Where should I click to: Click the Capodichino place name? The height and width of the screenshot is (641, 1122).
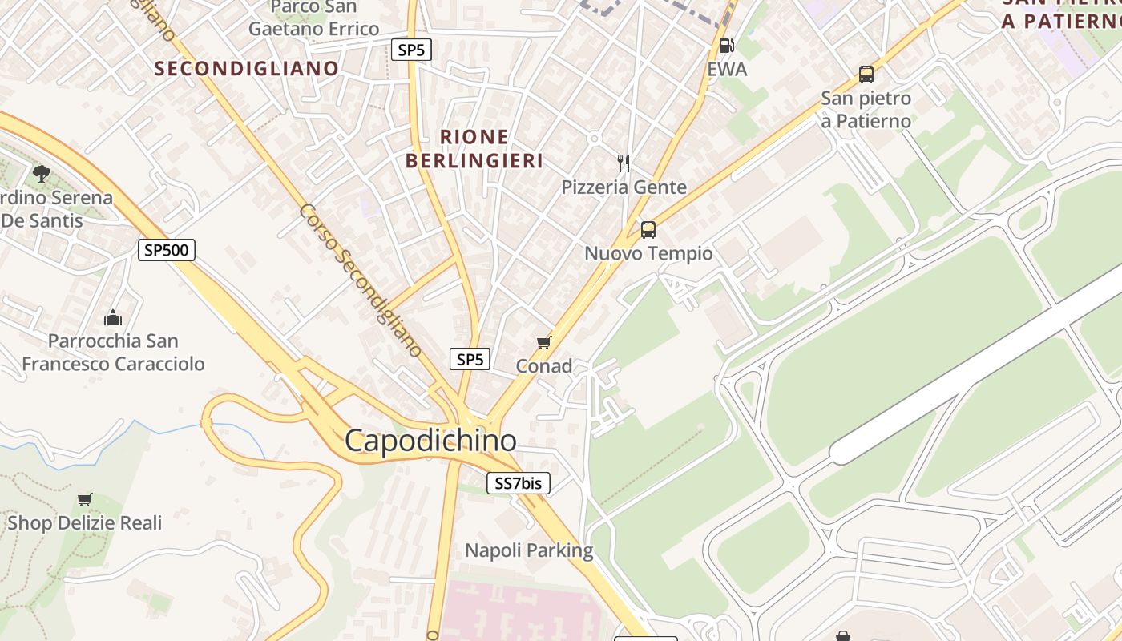point(430,440)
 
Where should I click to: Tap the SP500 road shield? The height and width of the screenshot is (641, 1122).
point(167,250)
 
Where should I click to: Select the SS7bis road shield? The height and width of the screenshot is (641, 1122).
point(519,483)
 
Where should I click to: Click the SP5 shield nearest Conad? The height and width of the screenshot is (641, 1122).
point(470,359)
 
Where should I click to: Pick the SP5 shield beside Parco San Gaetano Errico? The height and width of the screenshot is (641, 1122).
point(411,50)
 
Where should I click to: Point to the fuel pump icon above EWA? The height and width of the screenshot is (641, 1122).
point(726,46)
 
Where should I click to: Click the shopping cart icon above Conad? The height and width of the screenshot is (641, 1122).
point(544,343)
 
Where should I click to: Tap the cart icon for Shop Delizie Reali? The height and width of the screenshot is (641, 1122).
point(84,500)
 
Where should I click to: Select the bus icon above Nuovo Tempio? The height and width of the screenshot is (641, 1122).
point(648,230)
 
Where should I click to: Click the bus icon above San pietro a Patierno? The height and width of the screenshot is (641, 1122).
point(866,75)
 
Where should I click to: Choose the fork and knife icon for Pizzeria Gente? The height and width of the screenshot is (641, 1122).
point(624,163)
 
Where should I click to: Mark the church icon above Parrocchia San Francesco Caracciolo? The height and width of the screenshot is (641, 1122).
point(113,317)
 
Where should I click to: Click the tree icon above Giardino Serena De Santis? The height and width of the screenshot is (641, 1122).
point(41,173)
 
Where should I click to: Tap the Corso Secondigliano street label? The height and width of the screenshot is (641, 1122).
point(361,280)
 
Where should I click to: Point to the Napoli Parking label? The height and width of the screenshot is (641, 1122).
point(529,550)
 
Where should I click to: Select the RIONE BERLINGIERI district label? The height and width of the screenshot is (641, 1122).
point(474,149)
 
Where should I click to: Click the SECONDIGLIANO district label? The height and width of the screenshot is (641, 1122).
point(247,68)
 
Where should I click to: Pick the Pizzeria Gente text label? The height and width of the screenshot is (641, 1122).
point(624,187)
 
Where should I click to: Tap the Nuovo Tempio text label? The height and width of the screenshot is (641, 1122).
point(648,254)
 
